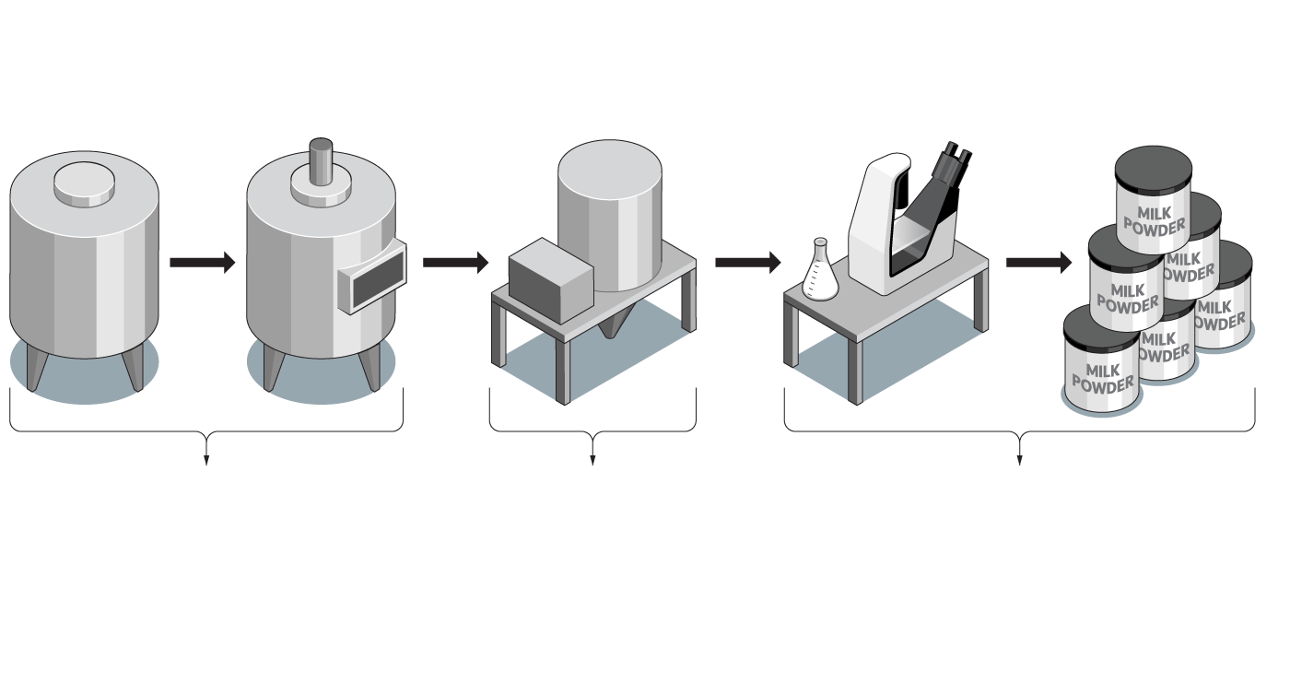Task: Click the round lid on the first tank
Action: coord(85,184)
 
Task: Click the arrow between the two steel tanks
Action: coord(203,263)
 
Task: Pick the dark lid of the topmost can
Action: coord(1152,171)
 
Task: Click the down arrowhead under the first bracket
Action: coord(206,459)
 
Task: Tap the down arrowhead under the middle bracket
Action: coord(592,459)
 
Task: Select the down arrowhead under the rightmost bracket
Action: coord(1020,459)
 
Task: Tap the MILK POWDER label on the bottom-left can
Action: coord(1102,378)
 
